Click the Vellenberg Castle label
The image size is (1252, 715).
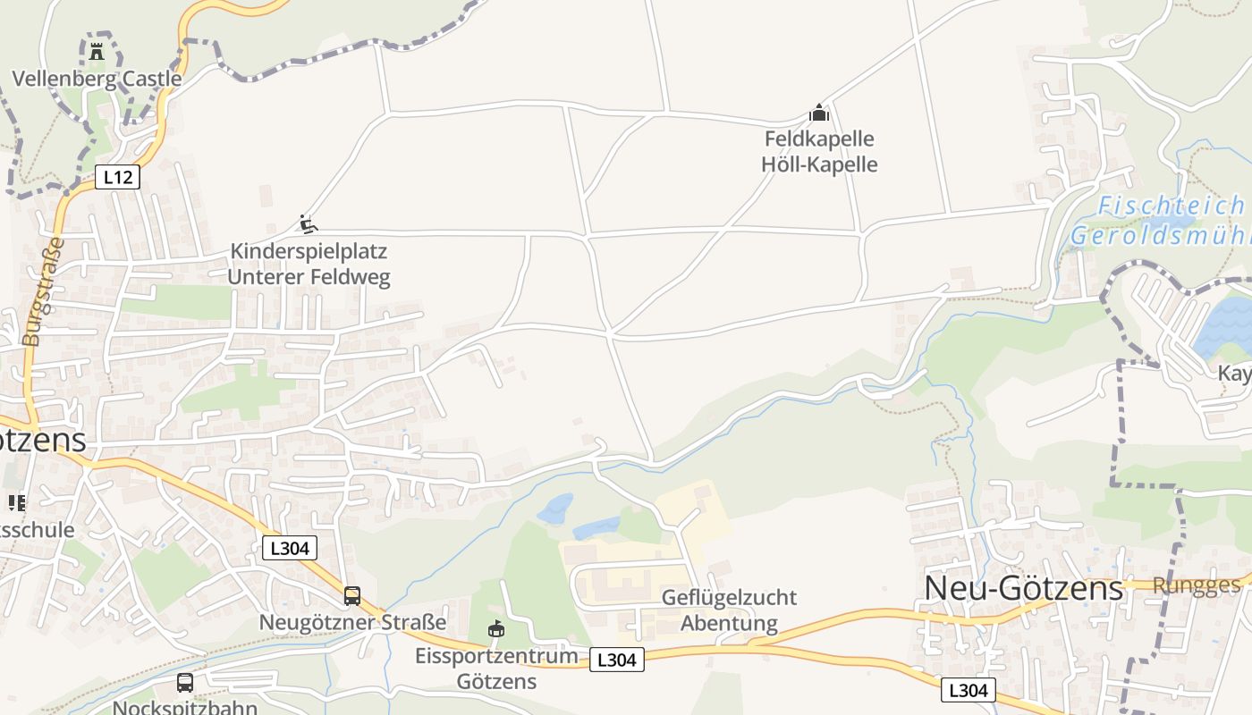pos(97,79)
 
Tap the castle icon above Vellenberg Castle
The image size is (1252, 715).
pos(97,52)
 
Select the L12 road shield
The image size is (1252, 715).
pos(118,177)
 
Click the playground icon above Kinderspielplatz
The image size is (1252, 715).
pos(309,224)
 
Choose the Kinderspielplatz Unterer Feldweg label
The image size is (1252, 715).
pos(309,264)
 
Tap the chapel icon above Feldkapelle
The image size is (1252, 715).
pos(819,114)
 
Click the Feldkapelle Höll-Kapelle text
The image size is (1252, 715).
pos(819,152)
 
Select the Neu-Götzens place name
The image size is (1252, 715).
pos(1023,588)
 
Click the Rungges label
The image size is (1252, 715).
pos(1197,585)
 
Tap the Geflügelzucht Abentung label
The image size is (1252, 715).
pos(729,610)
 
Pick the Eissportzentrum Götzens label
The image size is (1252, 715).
pos(496,668)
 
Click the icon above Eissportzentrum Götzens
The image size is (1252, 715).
pos(496,629)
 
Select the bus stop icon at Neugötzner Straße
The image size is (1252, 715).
pos(352,596)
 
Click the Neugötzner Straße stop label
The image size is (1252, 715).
pos(352,622)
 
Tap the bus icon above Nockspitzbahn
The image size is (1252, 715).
pos(185,683)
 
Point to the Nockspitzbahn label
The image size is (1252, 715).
pos(185,707)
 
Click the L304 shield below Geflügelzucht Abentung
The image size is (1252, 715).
pos(617,660)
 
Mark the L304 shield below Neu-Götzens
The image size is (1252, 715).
pos(969,690)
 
